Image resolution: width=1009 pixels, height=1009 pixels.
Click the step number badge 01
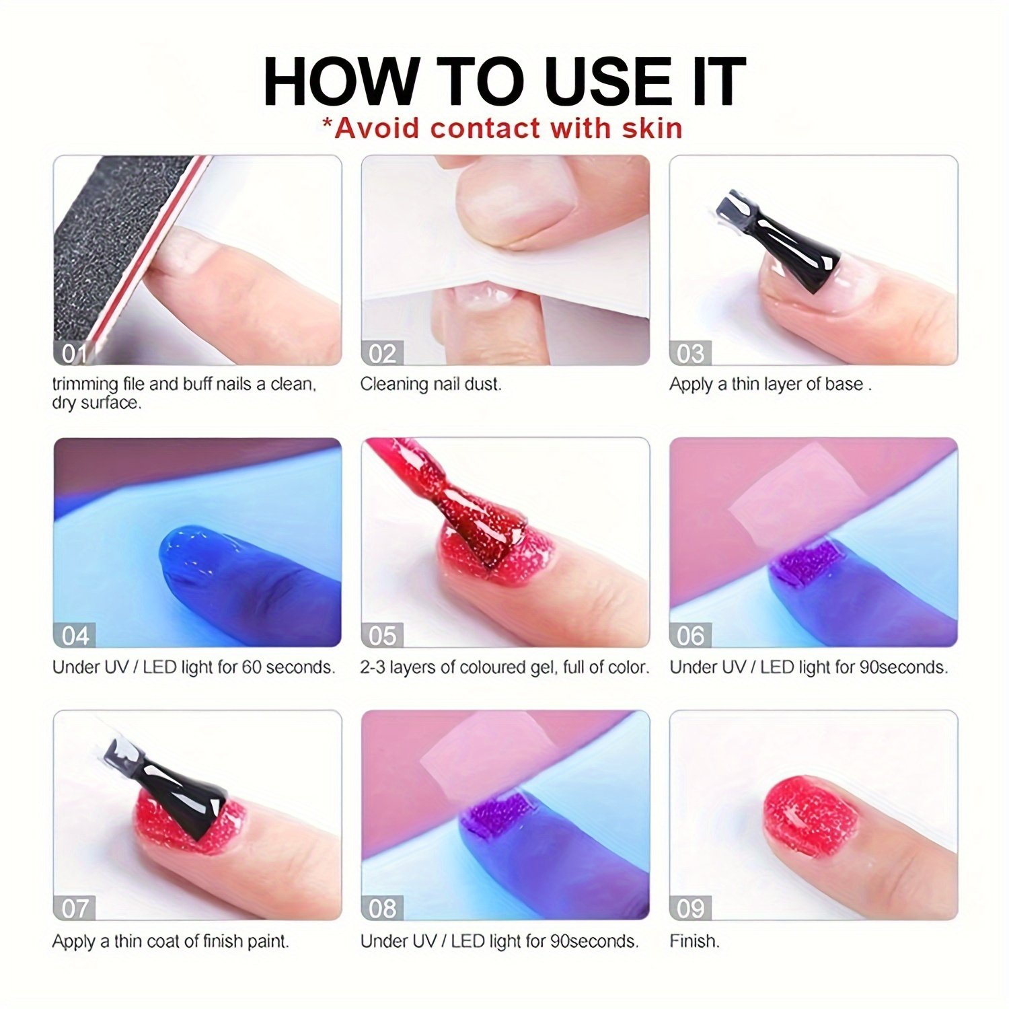75,353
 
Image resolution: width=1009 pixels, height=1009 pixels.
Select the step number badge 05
383,636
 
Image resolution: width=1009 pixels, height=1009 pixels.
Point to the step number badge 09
691,908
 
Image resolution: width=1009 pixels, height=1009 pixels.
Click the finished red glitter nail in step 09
811,816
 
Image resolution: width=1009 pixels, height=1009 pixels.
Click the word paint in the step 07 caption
266,941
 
